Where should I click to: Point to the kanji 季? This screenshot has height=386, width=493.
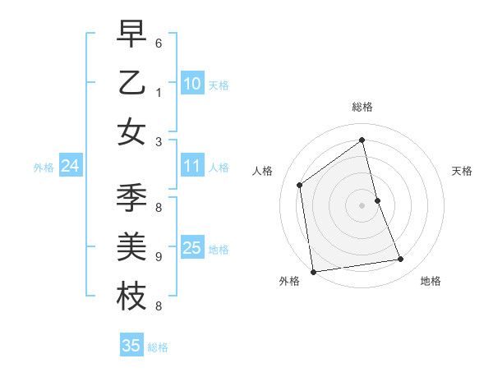pos(132,200)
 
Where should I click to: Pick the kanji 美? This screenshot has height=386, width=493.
pos(132,247)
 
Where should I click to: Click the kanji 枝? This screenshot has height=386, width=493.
pos(132,296)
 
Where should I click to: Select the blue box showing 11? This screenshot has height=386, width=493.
pos(192,166)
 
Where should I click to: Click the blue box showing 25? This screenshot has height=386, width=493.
pos(192,248)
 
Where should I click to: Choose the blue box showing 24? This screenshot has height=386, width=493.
pos(71,166)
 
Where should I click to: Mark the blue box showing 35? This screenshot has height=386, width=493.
pos(131,346)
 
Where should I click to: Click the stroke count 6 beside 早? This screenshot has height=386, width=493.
pos(159,42)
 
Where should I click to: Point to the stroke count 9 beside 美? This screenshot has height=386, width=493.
pos(159,256)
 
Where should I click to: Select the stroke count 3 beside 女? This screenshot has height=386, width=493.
pos(159,141)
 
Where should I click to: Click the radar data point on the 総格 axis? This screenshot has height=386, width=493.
pos(362,140)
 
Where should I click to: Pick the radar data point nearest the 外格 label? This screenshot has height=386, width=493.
pos(313,271)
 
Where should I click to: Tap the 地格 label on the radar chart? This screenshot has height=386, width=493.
pos(431,281)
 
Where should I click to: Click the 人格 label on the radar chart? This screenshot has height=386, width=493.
pos(263,171)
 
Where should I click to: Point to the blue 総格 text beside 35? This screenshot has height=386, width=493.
pos(158,347)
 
